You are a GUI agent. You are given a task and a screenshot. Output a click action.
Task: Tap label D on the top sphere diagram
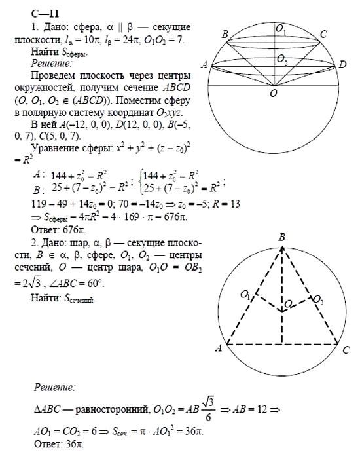[x=342, y=64]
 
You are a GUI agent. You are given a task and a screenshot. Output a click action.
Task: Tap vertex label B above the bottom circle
[x=281, y=236]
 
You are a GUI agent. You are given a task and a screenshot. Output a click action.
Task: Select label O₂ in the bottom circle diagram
[x=317, y=299]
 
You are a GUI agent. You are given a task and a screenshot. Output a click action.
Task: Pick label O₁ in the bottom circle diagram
[x=245, y=295]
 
